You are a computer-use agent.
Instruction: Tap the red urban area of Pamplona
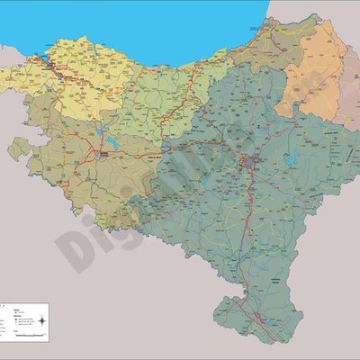coord(249,162)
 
